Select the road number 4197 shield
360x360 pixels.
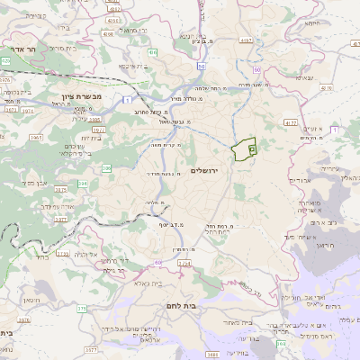click(246, 40)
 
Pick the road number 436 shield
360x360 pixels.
click(153, 53)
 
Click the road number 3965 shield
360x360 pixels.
click(37, 137)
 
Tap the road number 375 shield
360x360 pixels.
click(81, 309)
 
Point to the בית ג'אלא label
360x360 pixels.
click(143, 284)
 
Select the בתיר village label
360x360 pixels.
click(40, 256)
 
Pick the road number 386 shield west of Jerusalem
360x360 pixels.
click(107, 167)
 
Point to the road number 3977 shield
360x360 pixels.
click(98, 130)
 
